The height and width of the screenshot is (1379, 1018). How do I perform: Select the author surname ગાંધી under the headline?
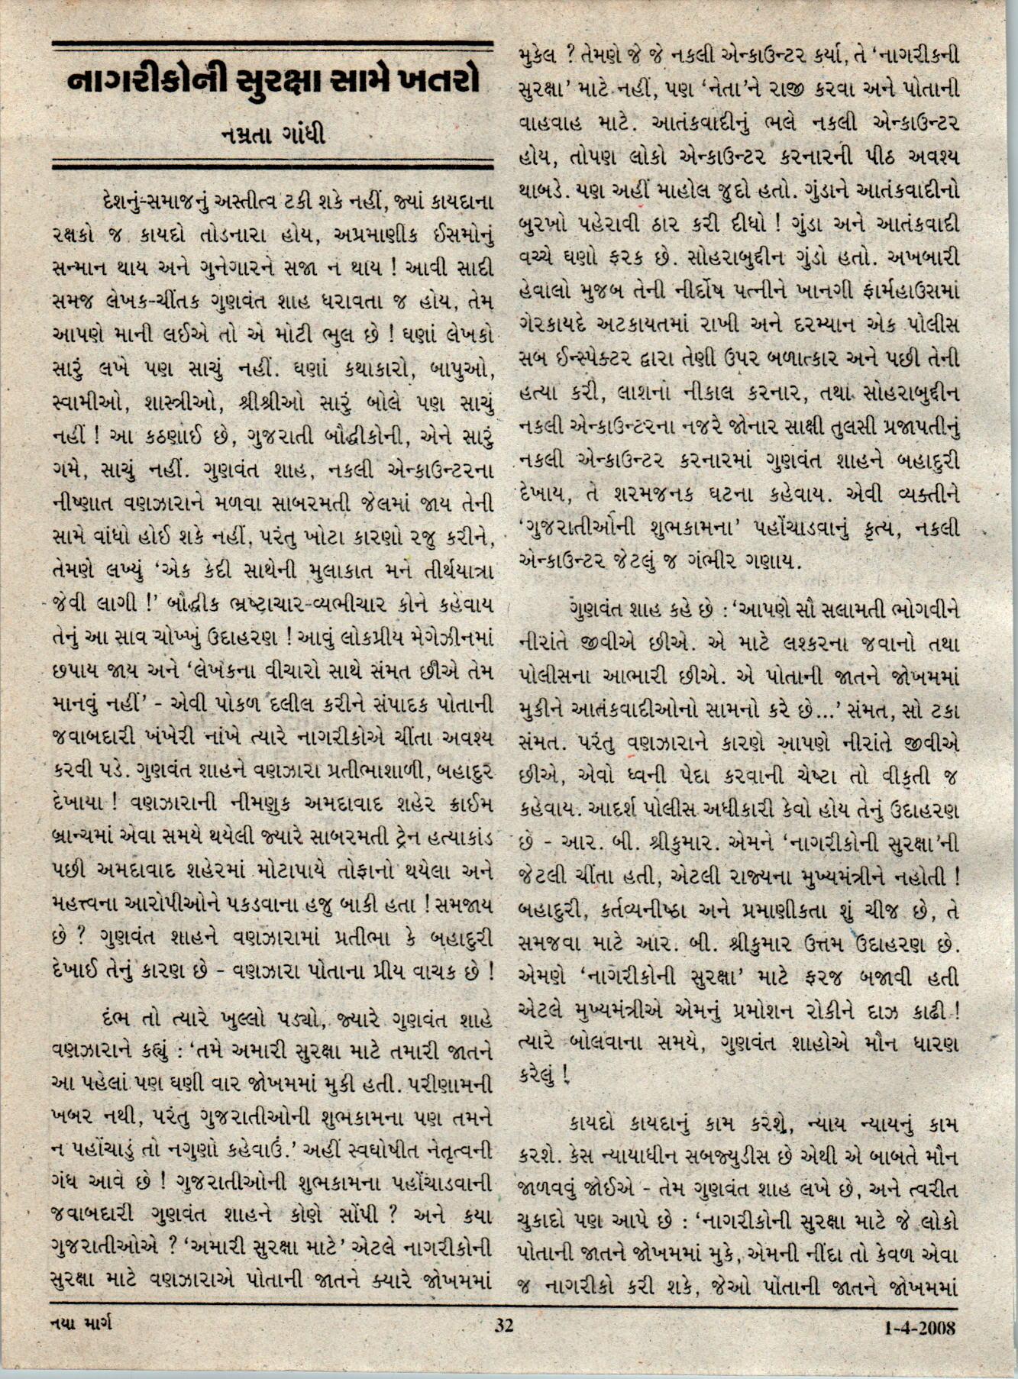click(x=299, y=136)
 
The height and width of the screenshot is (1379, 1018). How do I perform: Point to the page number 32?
click(x=504, y=1324)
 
